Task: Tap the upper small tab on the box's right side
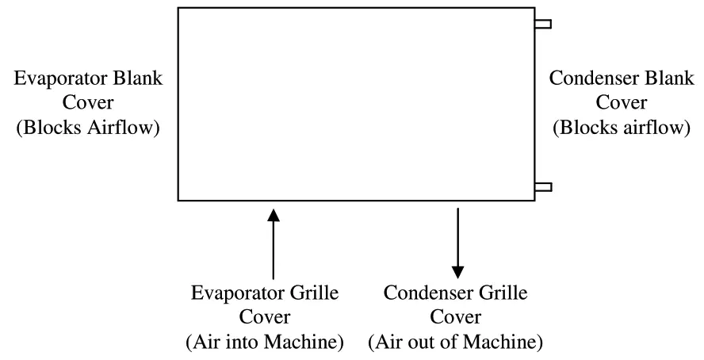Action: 543,24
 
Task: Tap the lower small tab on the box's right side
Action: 543,186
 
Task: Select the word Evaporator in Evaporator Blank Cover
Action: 51,79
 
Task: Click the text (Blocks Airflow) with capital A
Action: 88,126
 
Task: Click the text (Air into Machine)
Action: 265,343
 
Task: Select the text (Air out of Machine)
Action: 456,343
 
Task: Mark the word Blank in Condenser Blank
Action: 664,79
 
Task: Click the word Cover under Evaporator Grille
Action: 265,319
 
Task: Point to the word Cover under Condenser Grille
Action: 456,319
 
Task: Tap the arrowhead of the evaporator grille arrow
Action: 274,214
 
